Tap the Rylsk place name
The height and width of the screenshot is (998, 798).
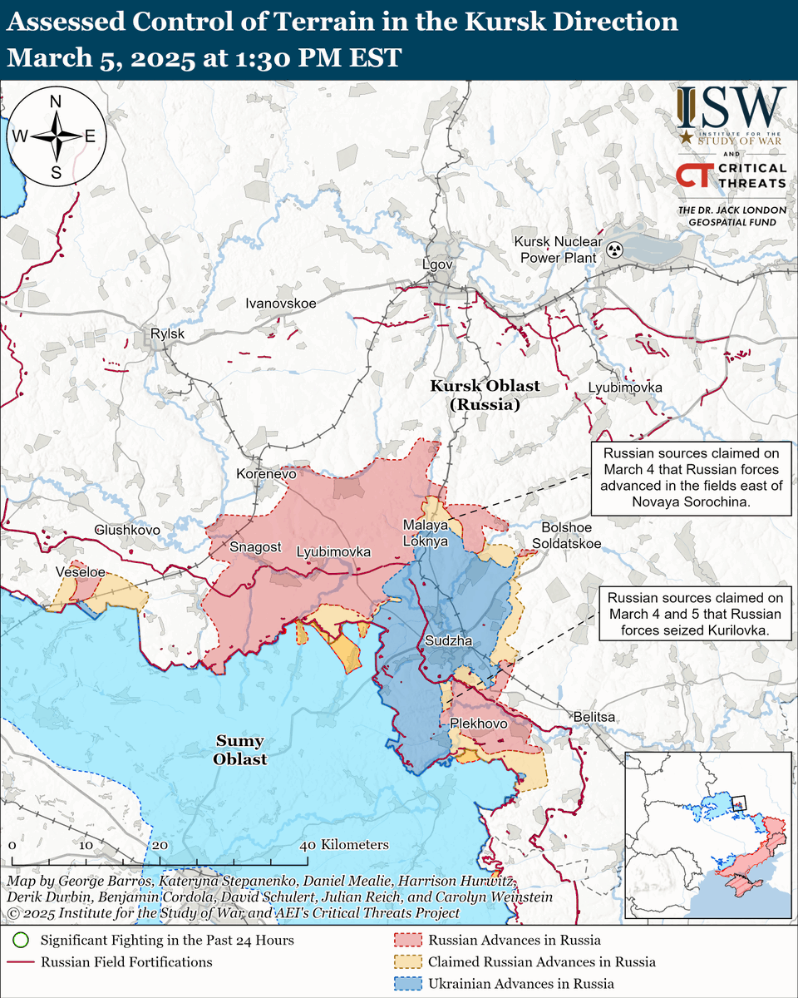[167, 334]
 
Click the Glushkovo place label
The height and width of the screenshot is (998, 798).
[127, 529]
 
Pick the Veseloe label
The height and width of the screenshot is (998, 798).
[80, 572]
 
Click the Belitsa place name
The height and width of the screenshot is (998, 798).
[594, 716]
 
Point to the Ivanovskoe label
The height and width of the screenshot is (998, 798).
[280, 304]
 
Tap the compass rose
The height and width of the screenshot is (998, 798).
[57, 136]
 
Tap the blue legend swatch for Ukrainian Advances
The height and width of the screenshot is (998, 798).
[405, 984]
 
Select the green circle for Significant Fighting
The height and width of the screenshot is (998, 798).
[21, 941]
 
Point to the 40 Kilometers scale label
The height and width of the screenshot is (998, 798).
[344, 844]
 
